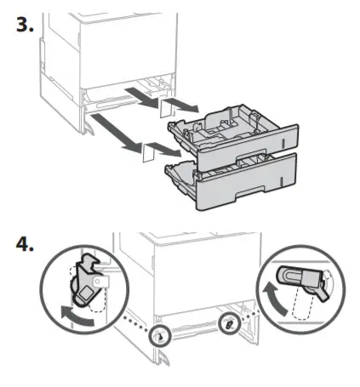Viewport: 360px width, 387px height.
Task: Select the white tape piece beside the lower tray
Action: coord(146,152)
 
